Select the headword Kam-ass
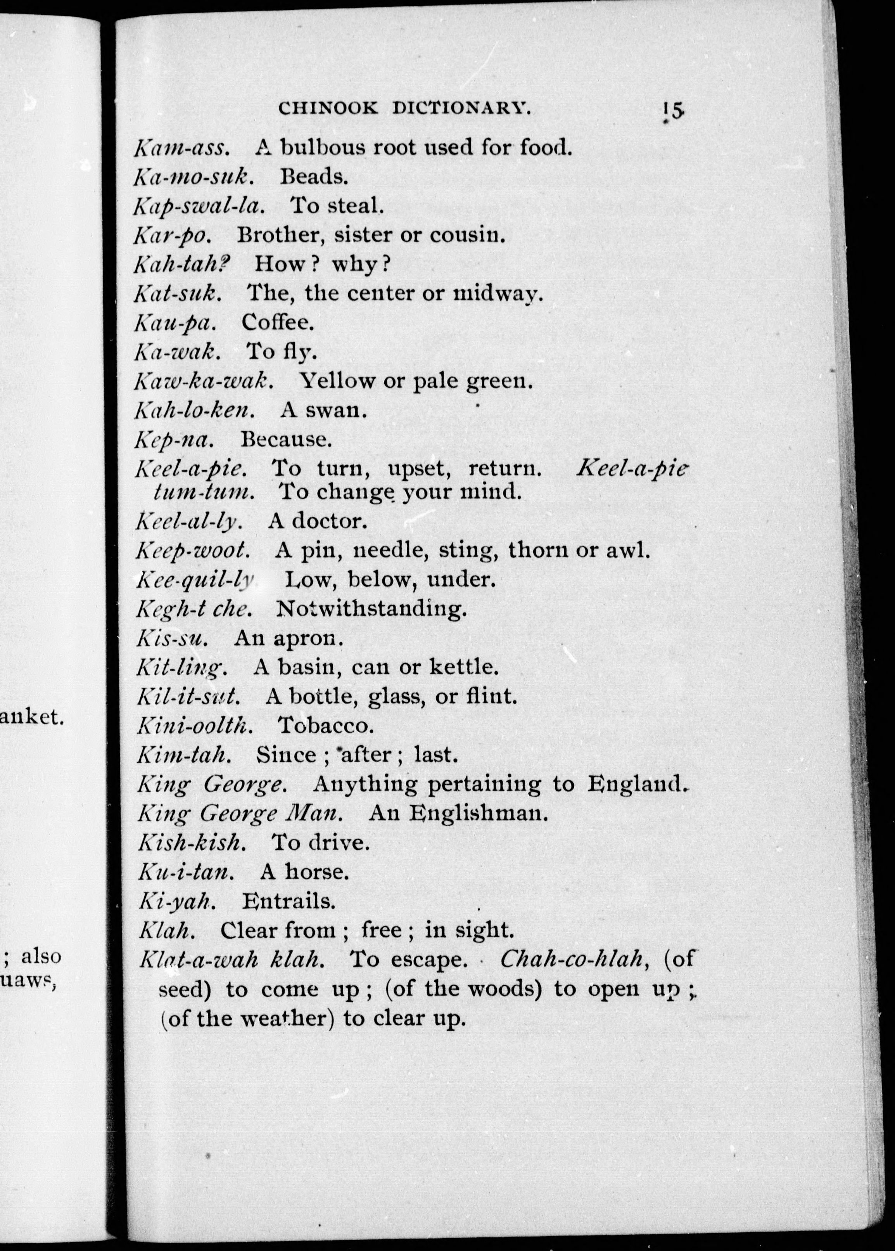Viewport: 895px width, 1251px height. [180, 148]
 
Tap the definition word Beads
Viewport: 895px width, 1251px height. [314, 177]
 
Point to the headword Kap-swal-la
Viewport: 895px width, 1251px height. [199, 206]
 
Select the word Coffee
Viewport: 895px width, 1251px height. [278, 322]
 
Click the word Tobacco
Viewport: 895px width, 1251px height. [326, 726]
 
